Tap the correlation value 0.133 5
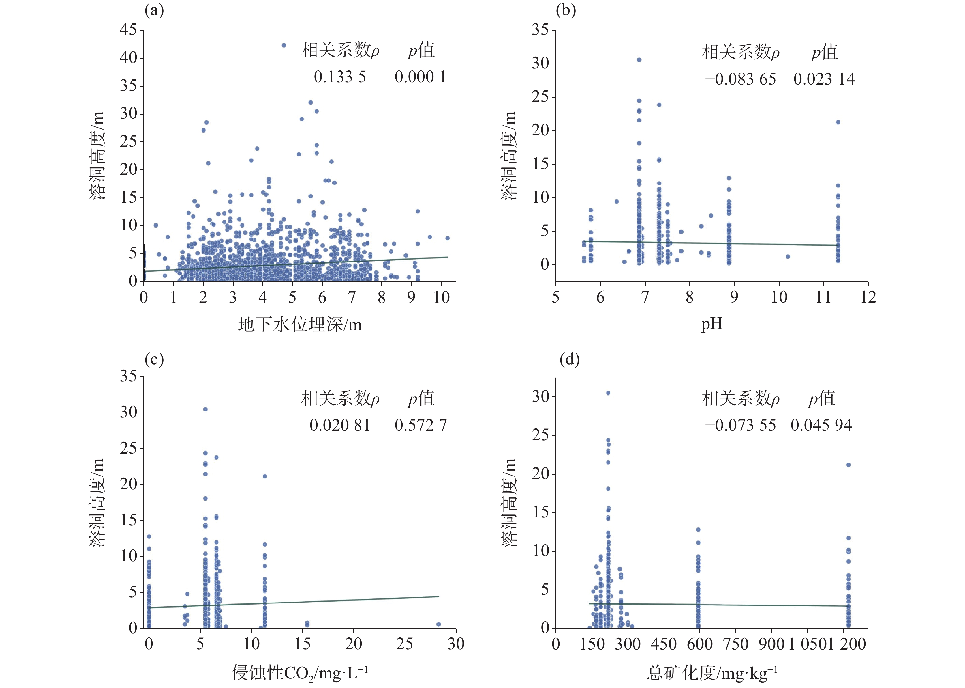[340, 77]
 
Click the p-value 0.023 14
[824, 79]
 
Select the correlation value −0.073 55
[741, 425]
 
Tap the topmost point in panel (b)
[639, 60]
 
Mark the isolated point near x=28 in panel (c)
[438, 624]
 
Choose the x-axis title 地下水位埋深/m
[300, 325]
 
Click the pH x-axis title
[711, 325]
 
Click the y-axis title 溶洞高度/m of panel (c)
[97, 502]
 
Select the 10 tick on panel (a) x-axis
[441, 297]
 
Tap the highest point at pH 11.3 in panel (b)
[838, 122]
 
